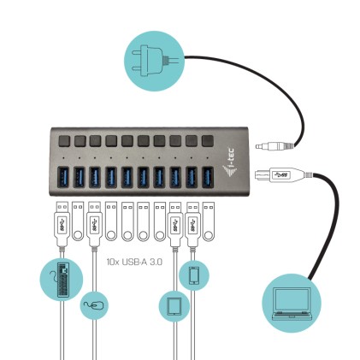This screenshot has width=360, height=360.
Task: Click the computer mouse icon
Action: coord(94,304)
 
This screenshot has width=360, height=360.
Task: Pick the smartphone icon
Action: coord(194,274)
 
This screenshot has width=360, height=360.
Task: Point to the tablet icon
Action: coord(174,305)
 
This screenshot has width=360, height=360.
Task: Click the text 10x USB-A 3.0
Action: coord(133,263)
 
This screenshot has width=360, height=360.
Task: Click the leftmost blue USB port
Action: coord(62,177)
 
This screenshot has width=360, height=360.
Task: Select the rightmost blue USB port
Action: coord(208,177)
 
